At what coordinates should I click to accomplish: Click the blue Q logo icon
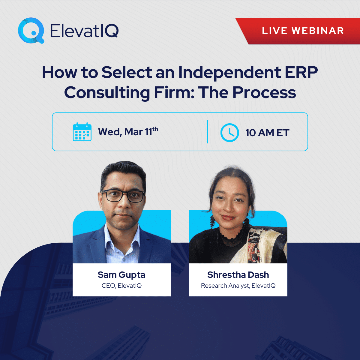31,30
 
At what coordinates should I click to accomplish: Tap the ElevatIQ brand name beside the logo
84,31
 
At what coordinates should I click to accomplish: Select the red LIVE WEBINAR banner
302,31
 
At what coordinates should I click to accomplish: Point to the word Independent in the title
230,73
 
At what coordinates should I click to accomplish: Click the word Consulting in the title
107,93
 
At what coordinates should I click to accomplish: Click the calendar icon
82,132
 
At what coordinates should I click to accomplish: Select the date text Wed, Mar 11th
128,132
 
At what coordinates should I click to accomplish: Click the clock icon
229,132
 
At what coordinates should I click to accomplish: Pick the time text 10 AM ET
267,133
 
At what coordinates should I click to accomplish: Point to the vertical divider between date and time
208,132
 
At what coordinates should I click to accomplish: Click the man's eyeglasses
123,196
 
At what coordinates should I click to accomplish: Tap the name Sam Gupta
121,275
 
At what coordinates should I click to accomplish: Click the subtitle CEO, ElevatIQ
121,286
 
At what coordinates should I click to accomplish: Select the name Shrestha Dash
238,275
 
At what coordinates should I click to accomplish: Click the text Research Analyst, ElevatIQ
238,286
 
